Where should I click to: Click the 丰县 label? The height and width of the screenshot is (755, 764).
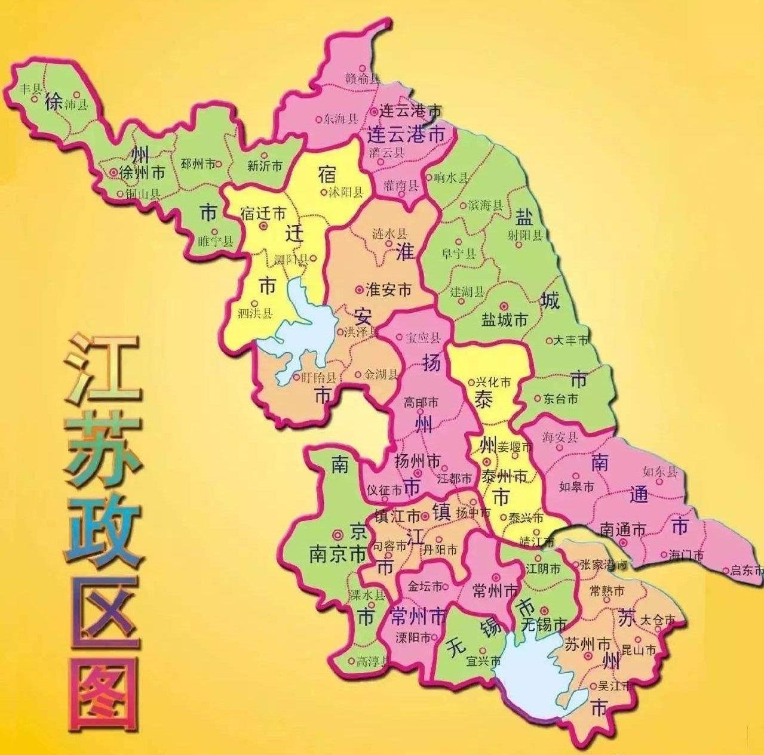tap(30, 90)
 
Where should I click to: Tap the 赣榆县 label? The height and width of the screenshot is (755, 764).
tap(363, 78)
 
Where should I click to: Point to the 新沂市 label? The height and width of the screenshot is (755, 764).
tap(264, 167)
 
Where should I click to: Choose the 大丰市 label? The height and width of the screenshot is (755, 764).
tap(571, 340)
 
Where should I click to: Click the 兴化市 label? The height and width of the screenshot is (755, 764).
tap(493, 382)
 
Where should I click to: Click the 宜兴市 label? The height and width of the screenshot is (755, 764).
tap(483, 661)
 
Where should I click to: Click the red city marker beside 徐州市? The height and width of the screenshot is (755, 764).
tap(113, 172)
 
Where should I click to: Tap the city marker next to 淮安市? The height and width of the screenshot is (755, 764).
tap(359, 289)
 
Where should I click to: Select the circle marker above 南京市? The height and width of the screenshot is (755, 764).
tap(337, 535)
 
